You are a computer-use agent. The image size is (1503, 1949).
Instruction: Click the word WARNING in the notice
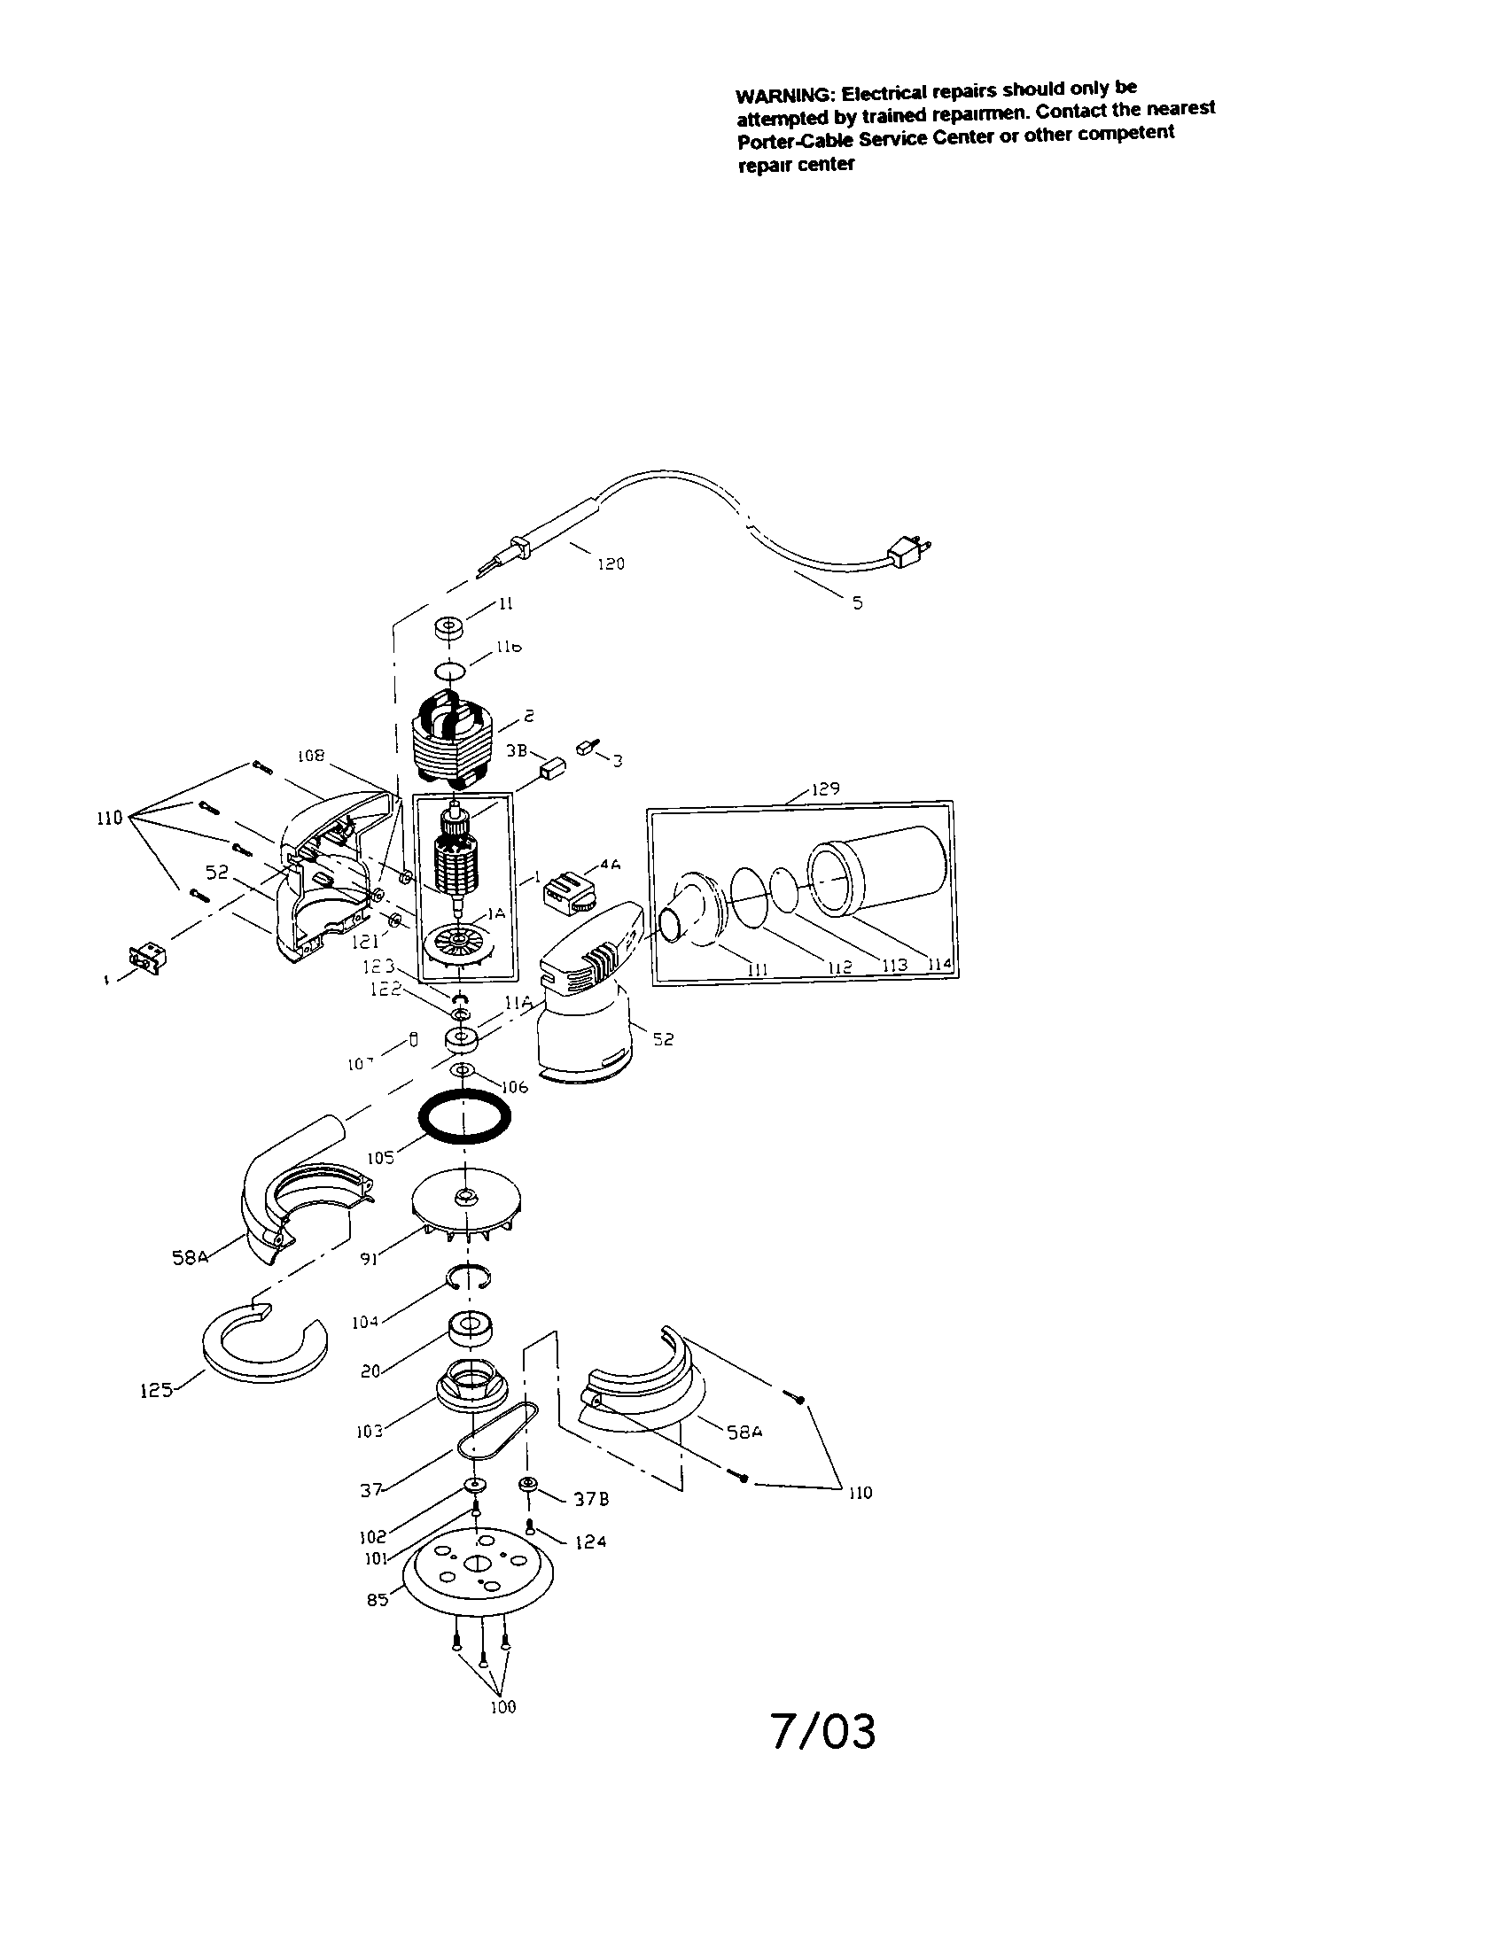click(784, 96)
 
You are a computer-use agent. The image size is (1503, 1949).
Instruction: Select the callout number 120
click(611, 564)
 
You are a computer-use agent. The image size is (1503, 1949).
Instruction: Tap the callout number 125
click(155, 1389)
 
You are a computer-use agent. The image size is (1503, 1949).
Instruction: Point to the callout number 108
click(310, 756)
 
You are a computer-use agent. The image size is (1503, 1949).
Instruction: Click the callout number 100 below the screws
click(503, 1707)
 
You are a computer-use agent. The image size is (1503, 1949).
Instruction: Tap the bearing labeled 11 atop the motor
click(452, 627)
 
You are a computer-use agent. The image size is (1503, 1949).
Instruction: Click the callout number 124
click(590, 1541)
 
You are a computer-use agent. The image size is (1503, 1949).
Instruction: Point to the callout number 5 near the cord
click(857, 603)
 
